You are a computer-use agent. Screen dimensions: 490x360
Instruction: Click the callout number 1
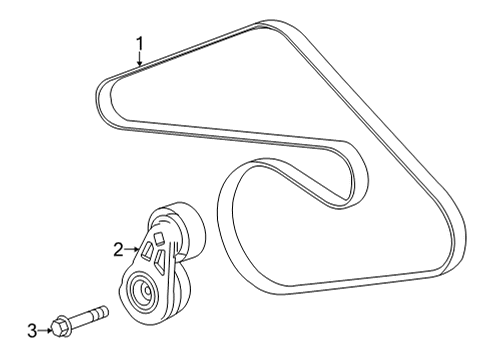click(140, 43)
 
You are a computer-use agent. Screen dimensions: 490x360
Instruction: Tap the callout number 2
click(117, 248)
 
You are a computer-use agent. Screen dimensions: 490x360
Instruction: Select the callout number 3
click(32, 329)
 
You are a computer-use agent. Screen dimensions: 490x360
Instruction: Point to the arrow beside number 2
click(132, 248)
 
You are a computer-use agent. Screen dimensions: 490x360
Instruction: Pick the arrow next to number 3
click(45, 329)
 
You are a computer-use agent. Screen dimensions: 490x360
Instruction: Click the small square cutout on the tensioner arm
click(157, 237)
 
